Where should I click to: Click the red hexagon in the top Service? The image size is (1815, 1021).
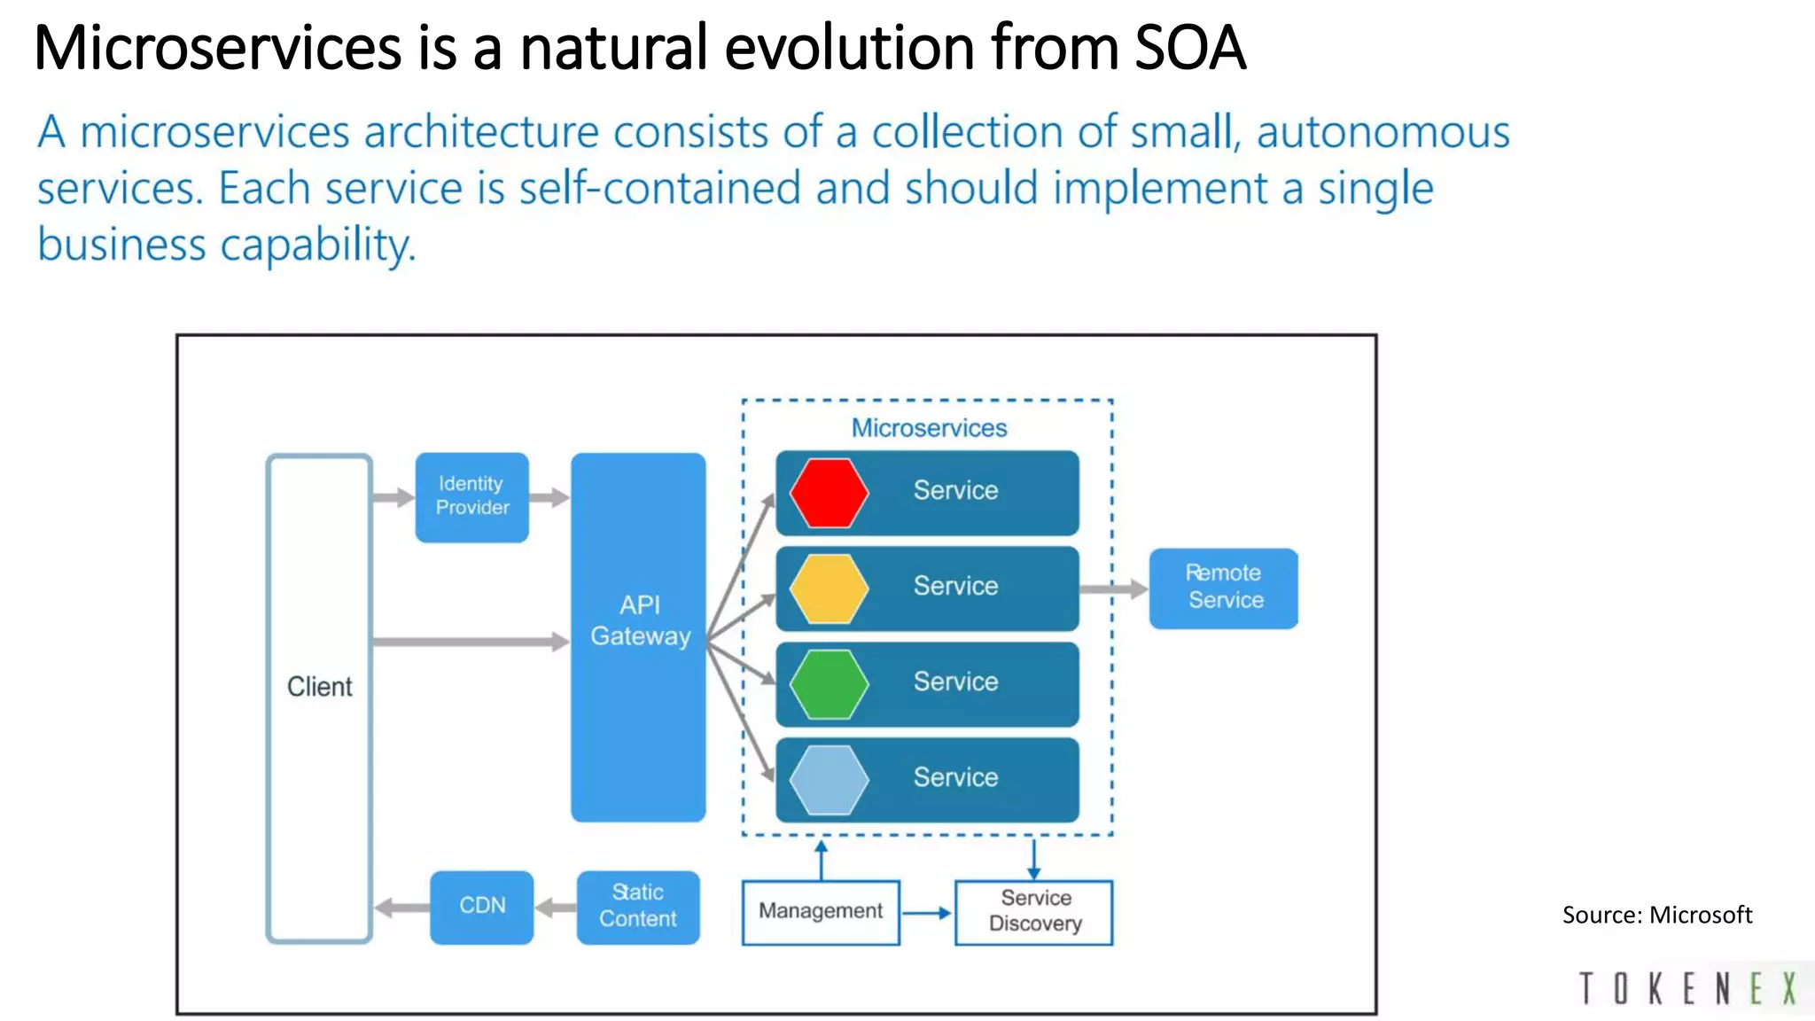coord(829,493)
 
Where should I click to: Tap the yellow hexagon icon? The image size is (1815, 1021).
coord(829,588)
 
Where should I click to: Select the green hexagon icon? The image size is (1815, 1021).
coord(829,684)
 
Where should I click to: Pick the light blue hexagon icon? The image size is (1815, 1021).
coord(829,780)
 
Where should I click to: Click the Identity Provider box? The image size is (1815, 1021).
coord(471,496)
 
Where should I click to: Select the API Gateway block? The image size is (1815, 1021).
coord(638,636)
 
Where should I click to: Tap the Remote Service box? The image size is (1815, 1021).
coord(1223,588)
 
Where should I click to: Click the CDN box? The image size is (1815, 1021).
coord(482,907)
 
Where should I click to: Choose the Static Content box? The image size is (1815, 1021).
coord(637,907)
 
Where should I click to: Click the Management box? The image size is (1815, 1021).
coord(821,912)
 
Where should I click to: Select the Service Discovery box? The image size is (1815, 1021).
coord(1033,912)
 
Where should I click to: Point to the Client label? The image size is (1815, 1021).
coord(319,687)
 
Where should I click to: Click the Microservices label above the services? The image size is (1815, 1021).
coord(929,428)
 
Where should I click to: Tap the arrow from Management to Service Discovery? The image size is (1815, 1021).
coord(926,913)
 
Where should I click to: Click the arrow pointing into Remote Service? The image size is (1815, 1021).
coord(1114,589)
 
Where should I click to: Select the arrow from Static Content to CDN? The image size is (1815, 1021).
coord(556,908)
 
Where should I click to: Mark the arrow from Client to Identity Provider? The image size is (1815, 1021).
coord(393,497)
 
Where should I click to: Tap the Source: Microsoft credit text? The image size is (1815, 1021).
coord(1656,915)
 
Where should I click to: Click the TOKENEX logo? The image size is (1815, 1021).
coord(1688,988)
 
